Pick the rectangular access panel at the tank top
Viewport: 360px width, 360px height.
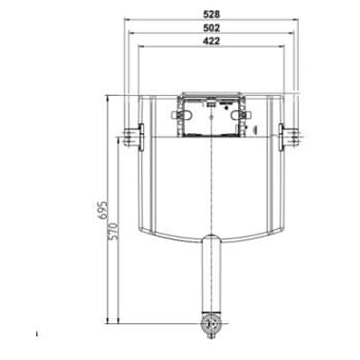(211, 115)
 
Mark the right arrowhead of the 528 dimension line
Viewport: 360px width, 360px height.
(301, 19)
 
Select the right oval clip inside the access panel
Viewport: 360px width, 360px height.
(245, 116)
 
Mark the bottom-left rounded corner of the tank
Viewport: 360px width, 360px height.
(146, 229)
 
